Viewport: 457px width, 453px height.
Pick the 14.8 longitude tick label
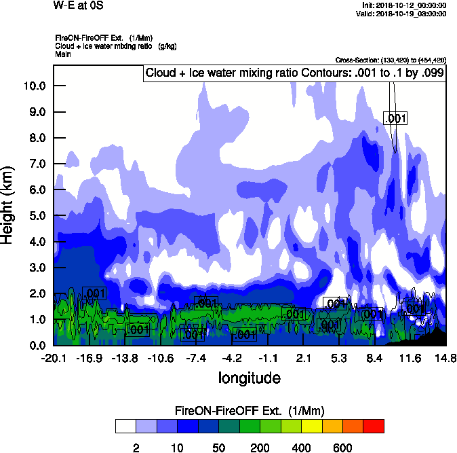pos(445,359)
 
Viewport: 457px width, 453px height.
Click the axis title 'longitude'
pos(249,377)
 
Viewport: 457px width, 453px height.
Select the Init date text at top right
pos(404,5)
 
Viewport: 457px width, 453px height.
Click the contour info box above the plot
pos(294,73)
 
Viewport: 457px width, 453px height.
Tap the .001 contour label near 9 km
pos(395,119)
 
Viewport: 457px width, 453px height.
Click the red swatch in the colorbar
pos(374,427)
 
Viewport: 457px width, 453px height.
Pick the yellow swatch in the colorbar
pos(311,427)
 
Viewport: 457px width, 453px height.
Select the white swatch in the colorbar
pos(125,427)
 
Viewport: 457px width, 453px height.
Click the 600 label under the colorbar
pos(342,448)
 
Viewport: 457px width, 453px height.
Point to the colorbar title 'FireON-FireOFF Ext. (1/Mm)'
pos(250,411)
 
